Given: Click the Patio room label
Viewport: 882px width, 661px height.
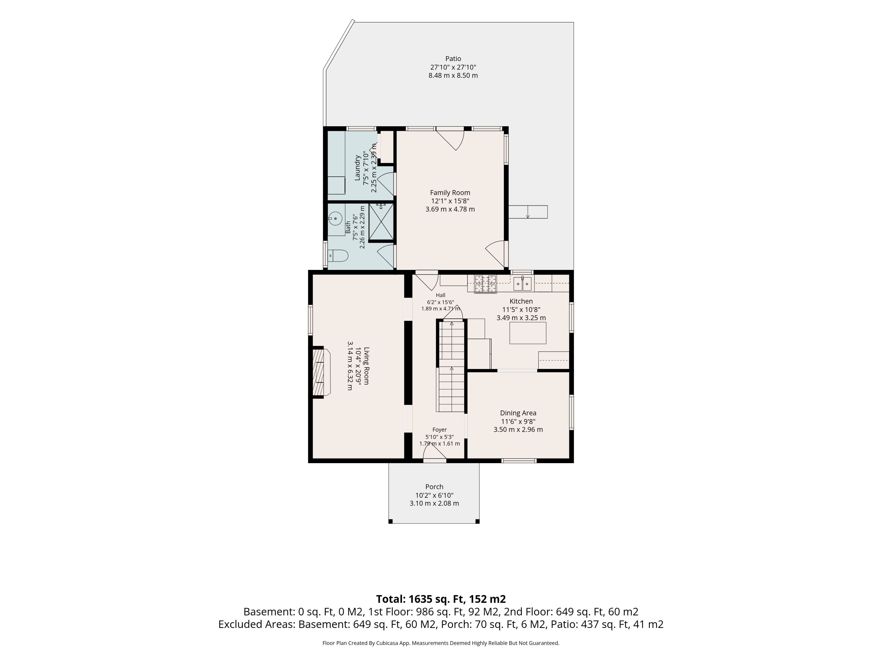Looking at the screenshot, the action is pos(453,59).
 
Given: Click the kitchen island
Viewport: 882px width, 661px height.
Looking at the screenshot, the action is pos(528,333).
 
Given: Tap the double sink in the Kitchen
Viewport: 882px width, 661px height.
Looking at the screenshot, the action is pos(522,283).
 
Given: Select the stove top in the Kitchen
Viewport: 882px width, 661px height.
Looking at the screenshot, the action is pos(485,284).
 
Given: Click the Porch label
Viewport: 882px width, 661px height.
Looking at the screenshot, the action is pos(434,487).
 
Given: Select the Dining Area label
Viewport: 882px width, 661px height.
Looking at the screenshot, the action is pos(518,413).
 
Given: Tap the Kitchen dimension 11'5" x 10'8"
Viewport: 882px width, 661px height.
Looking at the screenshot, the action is pos(521,310).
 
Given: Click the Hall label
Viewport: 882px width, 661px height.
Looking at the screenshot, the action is pos(441,295).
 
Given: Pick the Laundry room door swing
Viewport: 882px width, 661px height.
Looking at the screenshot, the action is pos(386,184).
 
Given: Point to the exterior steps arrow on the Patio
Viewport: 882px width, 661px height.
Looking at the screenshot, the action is pos(528,212).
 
